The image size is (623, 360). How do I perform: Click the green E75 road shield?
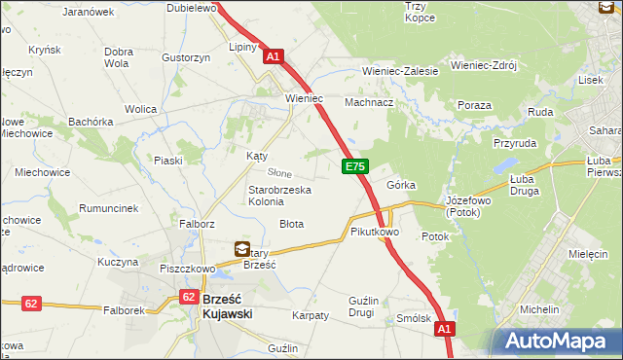click(354, 168)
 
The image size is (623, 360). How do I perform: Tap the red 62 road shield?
click(31, 304)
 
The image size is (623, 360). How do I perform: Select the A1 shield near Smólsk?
click(444, 330)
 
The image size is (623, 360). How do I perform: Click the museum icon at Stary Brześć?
click(241, 250)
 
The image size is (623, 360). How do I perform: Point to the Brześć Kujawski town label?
click(227, 306)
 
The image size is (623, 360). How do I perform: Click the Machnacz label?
click(369, 101)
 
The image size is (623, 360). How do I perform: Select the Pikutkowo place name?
click(375, 233)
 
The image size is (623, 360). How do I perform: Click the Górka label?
click(401, 184)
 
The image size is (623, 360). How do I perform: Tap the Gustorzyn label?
click(187, 57)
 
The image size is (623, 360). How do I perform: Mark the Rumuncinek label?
click(107, 208)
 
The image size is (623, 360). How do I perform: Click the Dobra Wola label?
click(118, 57)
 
